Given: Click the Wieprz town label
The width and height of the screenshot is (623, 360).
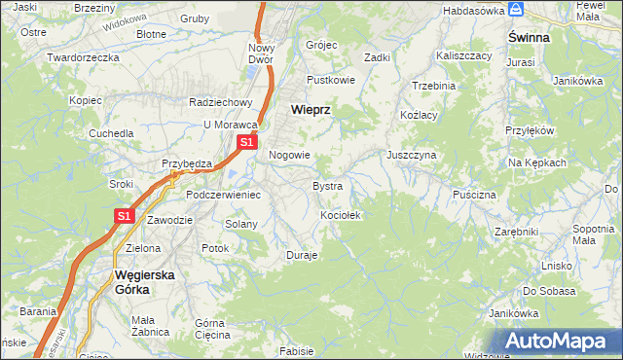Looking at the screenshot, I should [311, 110].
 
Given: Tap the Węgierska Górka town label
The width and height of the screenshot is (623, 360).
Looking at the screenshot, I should [144, 281].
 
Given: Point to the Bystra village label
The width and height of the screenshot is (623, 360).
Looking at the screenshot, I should [327, 185].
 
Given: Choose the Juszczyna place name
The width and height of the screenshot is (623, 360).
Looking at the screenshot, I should [411, 155].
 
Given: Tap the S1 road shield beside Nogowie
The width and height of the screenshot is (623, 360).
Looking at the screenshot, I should [246, 142].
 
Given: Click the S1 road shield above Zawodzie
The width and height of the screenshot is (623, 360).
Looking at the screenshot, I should [124, 216].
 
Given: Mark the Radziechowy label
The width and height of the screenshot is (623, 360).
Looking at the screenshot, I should [221, 102].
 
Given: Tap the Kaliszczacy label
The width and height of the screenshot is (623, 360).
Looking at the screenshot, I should [464, 56].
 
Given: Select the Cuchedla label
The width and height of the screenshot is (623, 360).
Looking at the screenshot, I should [111, 132].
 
